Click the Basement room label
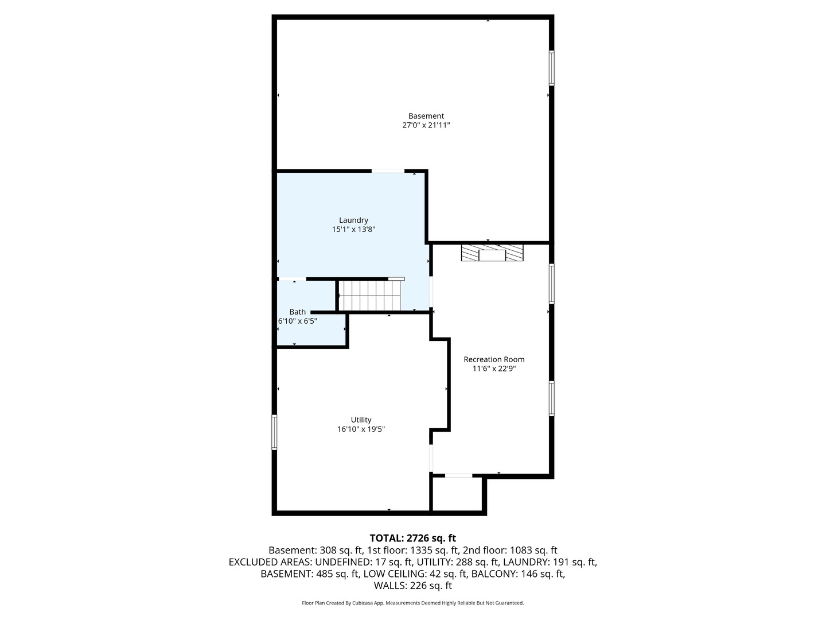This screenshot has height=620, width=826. pyautogui.click(x=426, y=116)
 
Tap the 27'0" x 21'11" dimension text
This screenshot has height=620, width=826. pyautogui.click(x=426, y=125)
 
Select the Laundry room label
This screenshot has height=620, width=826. pyautogui.click(x=353, y=220)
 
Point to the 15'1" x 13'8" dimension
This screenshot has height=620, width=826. pyautogui.click(x=353, y=229)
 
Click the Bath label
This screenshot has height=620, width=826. pyautogui.click(x=297, y=312)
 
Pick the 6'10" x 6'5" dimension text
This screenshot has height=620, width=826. pyautogui.click(x=297, y=321)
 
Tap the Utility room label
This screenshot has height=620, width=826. pyautogui.click(x=361, y=420)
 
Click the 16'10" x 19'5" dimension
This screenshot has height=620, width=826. pyautogui.click(x=361, y=429)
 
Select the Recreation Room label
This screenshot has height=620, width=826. pyautogui.click(x=494, y=359)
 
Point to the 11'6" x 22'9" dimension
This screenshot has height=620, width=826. pyautogui.click(x=494, y=369)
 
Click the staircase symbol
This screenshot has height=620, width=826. pyautogui.click(x=369, y=296)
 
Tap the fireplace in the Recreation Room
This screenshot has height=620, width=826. pyautogui.click(x=492, y=253)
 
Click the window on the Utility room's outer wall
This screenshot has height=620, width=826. pyautogui.click(x=274, y=432)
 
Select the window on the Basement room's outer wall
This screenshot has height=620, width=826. pyautogui.click(x=551, y=68)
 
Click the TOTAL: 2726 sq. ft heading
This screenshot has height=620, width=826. pyautogui.click(x=413, y=538)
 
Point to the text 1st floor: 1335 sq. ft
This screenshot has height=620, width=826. pyautogui.click(x=413, y=551)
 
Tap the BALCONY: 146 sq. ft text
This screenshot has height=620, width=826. pyautogui.click(x=518, y=573)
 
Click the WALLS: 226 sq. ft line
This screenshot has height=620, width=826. pyautogui.click(x=413, y=586)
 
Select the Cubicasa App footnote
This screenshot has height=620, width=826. pyautogui.click(x=413, y=603)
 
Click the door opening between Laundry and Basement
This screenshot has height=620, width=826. pyautogui.click(x=388, y=171)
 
